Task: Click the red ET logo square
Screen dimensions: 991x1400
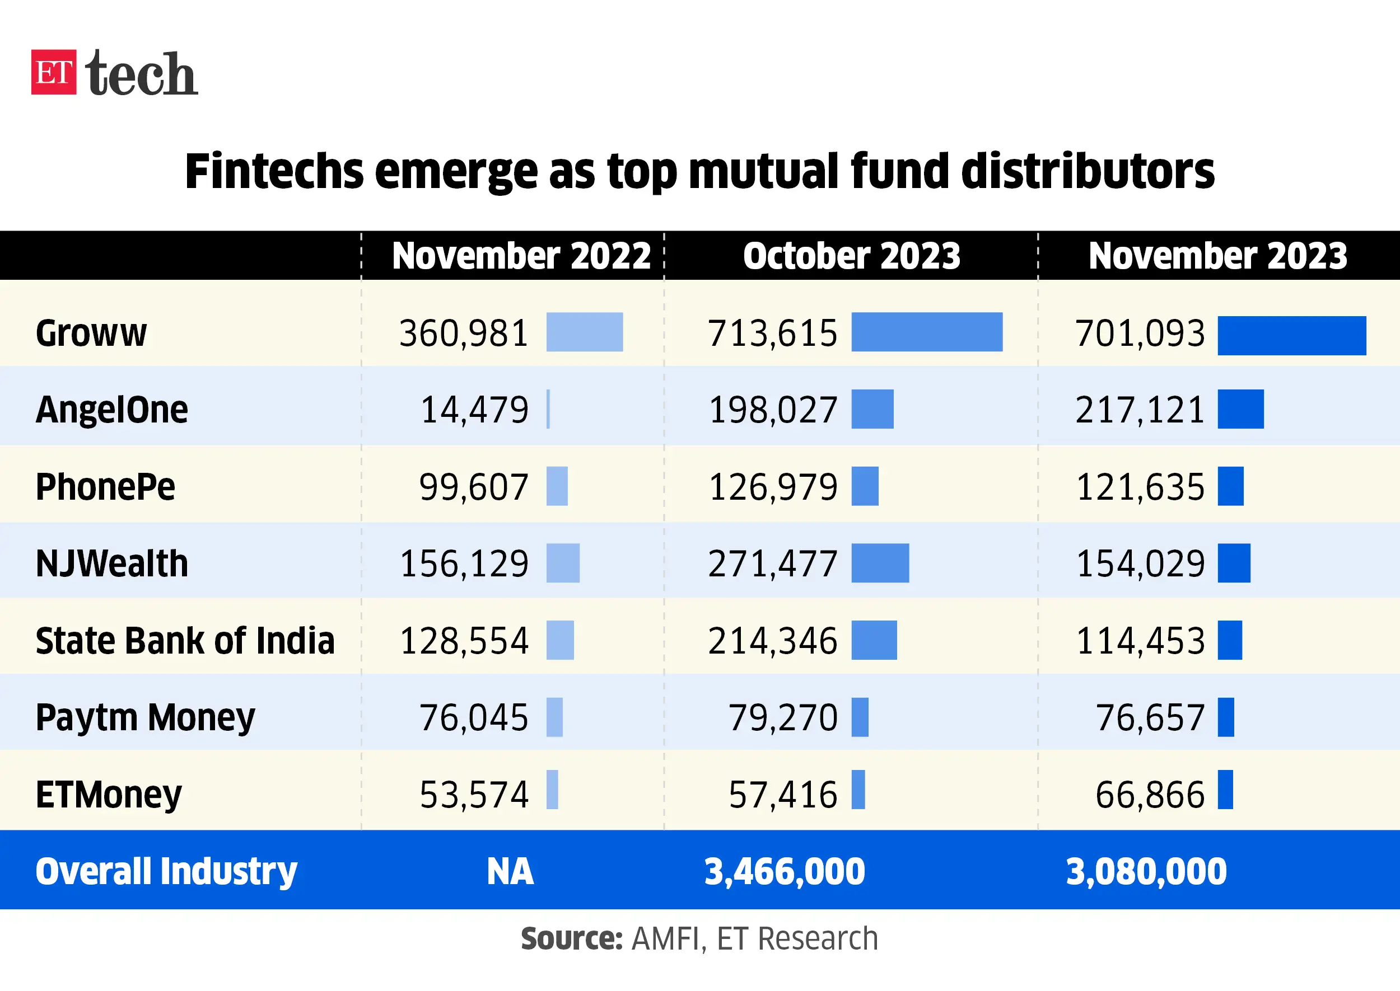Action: pyautogui.click(x=54, y=72)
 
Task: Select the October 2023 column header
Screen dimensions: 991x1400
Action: pyautogui.click(x=851, y=256)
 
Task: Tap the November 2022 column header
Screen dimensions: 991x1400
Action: pyautogui.click(x=521, y=256)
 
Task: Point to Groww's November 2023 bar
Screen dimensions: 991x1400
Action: pyautogui.click(x=1291, y=335)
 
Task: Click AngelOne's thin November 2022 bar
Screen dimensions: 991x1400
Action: pyautogui.click(x=548, y=409)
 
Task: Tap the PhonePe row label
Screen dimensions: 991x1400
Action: pyautogui.click(x=105, y=487)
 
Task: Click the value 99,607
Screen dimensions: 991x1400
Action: pyautogui.click(x=473, y=487)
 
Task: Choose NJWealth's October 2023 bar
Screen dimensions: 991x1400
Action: pyautogui.click(x=880, y=562)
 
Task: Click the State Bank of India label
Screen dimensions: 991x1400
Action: pyautogui.click(x=185, y=641)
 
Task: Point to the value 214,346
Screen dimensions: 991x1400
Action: pyautogui.click(x=772, y=641)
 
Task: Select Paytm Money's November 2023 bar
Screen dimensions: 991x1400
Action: pyautogui.click(x=1225, y=717)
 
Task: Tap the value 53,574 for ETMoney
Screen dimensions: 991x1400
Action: pyautogui.click(x=473, y=795)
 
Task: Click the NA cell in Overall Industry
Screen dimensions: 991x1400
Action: pyautogui.click(x=510, y=871)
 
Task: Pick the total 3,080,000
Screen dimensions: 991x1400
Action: pyautogui.click(x=1145, y=871)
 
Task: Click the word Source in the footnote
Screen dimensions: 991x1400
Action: pyautogui.click(x=570, y=938)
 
